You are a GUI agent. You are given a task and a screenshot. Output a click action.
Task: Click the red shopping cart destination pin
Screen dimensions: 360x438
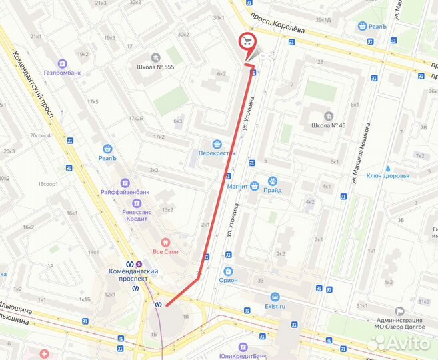248,41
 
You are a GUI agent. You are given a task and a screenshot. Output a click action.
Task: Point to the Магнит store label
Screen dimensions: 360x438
238,187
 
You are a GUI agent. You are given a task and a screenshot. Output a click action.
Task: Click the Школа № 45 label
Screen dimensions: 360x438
325,125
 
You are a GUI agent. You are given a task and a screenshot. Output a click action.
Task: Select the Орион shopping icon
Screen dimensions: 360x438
229,271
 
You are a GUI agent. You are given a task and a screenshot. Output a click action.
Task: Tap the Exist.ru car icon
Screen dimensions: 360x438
274,297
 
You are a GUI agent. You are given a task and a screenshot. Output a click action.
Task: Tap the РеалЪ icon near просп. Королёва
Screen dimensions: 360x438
363,26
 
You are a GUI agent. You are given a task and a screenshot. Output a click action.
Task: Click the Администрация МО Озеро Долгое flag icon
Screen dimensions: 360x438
399,311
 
